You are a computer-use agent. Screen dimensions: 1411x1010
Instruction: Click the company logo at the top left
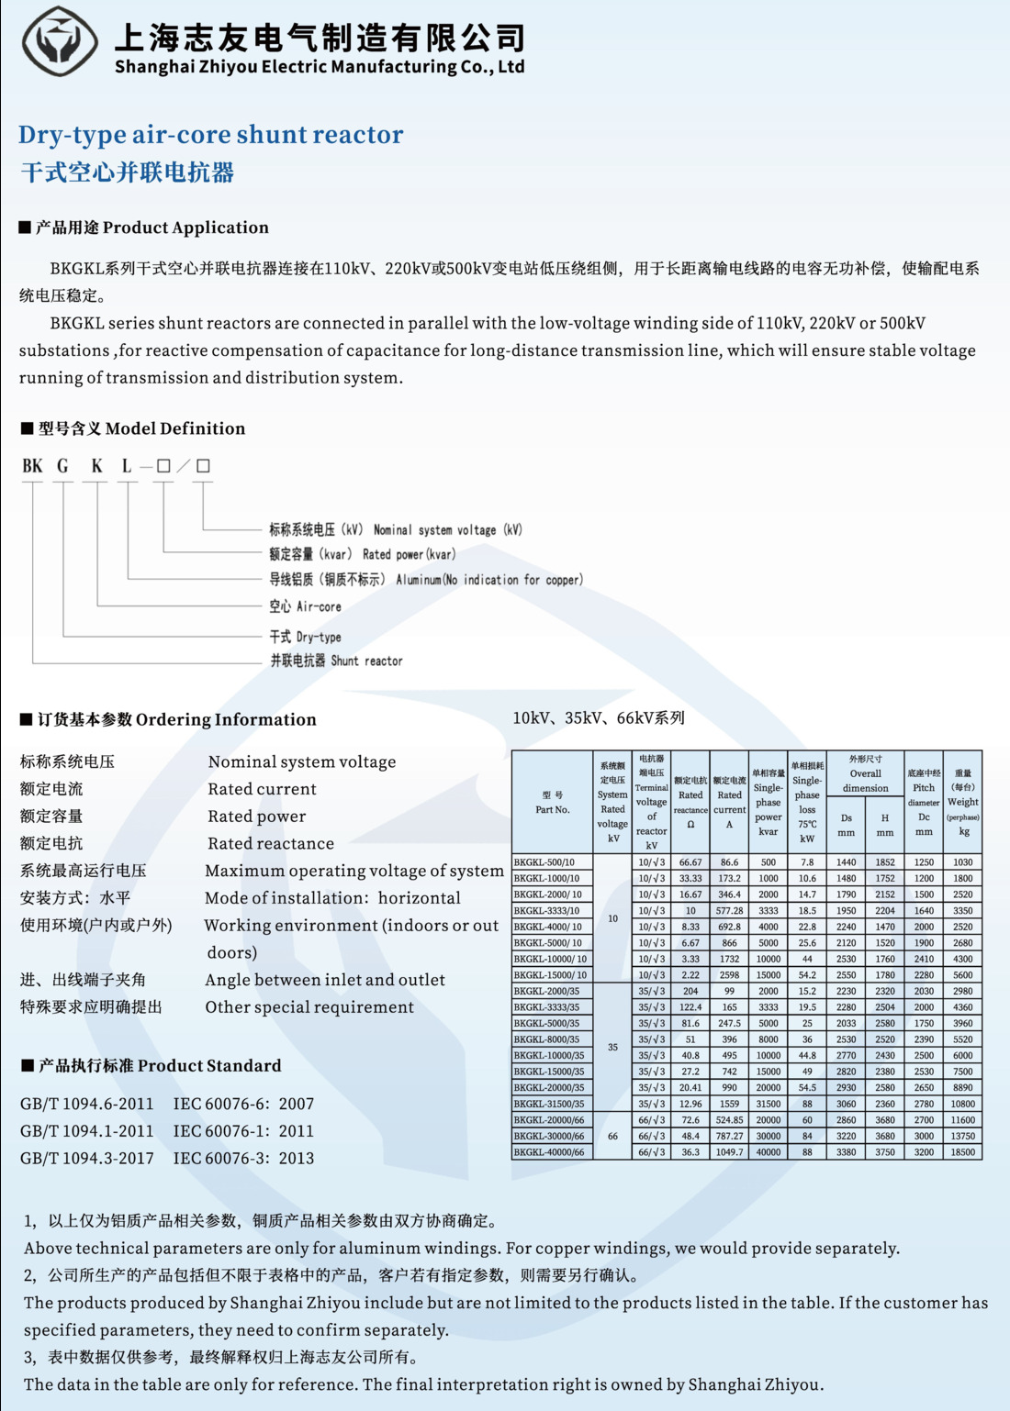coord(60,41)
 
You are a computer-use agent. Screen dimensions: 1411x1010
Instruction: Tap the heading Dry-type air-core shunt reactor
coord(210,135)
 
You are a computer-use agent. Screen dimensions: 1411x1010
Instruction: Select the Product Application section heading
coord(144,228)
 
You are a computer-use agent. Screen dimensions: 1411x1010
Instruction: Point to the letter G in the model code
coord(63,466)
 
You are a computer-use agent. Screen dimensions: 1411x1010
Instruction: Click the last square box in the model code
coord(203,466)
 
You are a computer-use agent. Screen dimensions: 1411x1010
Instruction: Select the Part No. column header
coord(553,803)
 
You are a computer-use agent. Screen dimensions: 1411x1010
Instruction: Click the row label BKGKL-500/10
coord(544,862)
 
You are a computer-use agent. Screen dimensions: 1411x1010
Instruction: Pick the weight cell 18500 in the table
coord(963,1152)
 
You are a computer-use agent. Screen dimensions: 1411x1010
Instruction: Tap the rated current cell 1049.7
coord(729,1152)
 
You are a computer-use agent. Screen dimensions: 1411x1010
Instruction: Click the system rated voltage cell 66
coord(612,1136)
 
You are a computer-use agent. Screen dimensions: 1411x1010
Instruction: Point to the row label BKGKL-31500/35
coord(549,1104)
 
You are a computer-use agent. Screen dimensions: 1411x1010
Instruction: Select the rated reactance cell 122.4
coord(690,1007)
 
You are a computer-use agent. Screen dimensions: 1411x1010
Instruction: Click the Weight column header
coord(963,802)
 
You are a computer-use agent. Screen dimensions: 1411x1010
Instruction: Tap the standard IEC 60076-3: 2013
coord(243,1158)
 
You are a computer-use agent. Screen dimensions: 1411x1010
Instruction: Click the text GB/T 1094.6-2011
coord(87,1104)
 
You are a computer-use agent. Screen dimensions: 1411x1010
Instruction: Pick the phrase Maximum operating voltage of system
coord(354,871)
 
